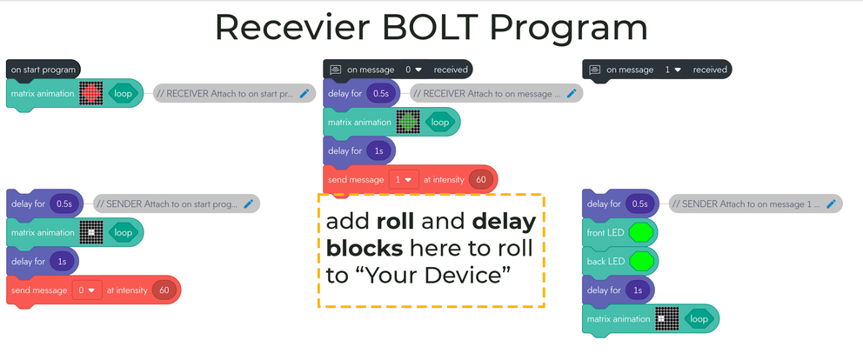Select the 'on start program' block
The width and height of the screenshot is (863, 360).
(x=42, y=69)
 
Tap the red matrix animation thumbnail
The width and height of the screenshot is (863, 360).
(x=91, y=94)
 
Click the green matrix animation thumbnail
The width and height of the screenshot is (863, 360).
(x=408, y=123)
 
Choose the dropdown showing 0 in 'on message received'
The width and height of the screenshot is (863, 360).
(x=413, y=69)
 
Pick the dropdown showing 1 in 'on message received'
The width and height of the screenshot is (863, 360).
(x=672, y=69)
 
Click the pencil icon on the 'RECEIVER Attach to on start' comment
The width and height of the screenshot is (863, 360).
(x=304, y=94)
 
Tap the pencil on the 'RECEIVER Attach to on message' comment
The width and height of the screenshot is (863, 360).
(x=572, y=94)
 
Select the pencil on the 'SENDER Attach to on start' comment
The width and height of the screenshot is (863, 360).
(x=249, y=204)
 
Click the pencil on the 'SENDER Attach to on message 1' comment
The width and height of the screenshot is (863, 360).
(x=831, y=204)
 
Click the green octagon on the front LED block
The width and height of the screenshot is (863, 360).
(x=641, y=233)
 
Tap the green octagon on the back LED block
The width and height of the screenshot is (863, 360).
(x=641, y=261)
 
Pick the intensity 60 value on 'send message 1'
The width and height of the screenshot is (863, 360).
(x=479, y=180)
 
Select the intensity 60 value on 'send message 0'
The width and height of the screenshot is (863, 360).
(x=164, y=290)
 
